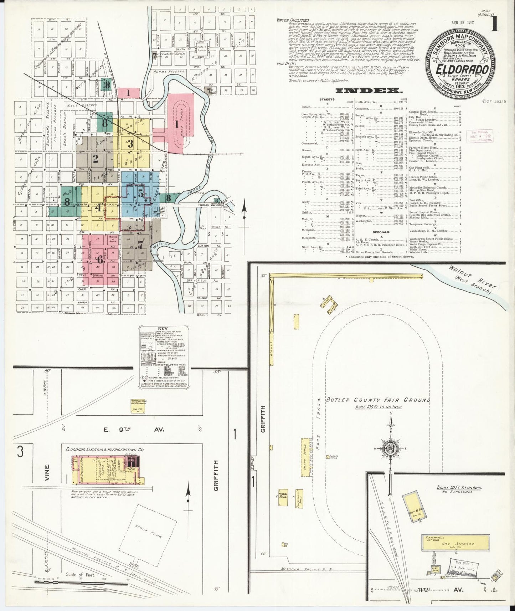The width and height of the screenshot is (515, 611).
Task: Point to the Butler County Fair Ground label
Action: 378,400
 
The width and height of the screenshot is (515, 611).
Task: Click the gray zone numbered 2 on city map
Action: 95,159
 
